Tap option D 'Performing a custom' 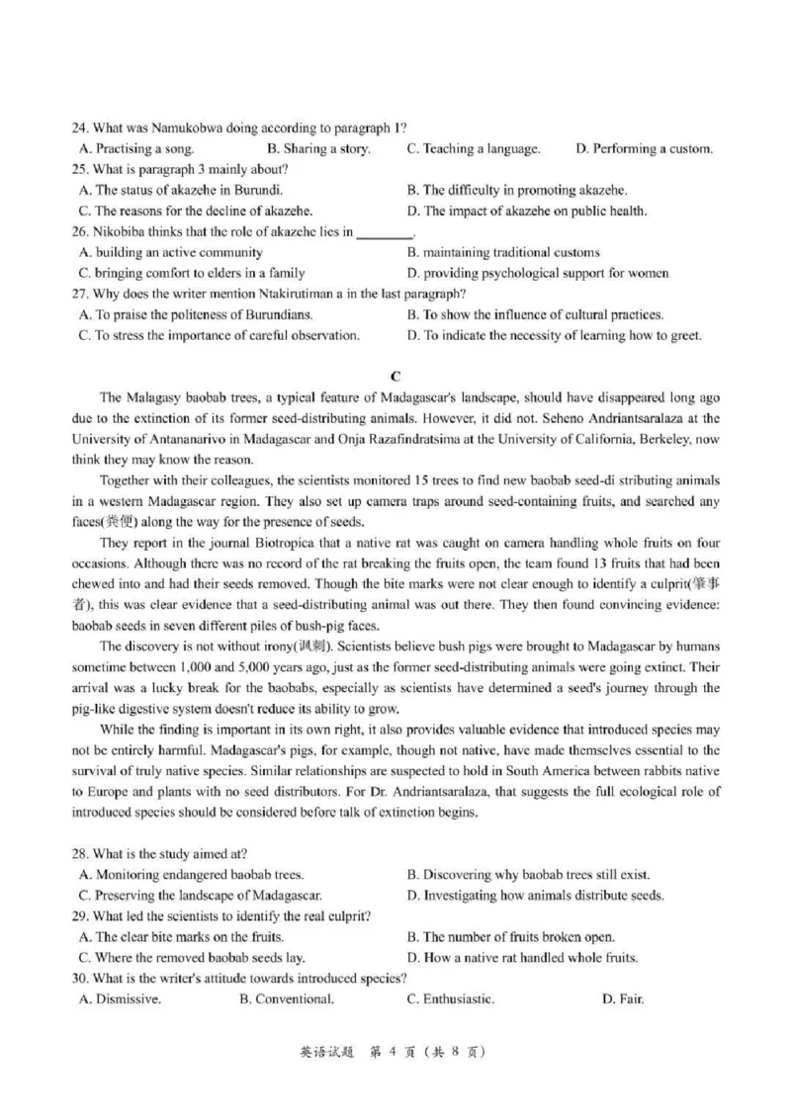point(644,149)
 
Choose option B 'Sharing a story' point(319,149)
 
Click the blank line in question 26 point(384,233)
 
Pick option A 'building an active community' point(170,253)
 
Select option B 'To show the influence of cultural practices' point(535,315)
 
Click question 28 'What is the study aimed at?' point(159,853)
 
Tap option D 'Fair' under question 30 point(623,999)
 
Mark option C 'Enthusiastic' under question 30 point(451,999)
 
